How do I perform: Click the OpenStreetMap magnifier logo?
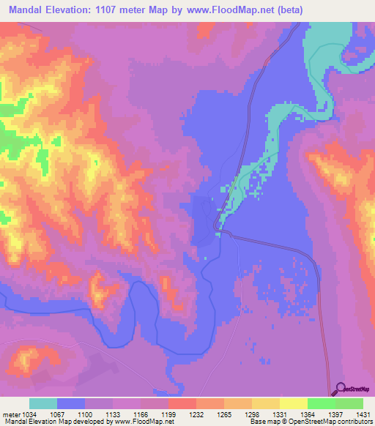click(341, 389)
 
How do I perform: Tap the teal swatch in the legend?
click(43, 403)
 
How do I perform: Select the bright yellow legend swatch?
click(293, 403)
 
